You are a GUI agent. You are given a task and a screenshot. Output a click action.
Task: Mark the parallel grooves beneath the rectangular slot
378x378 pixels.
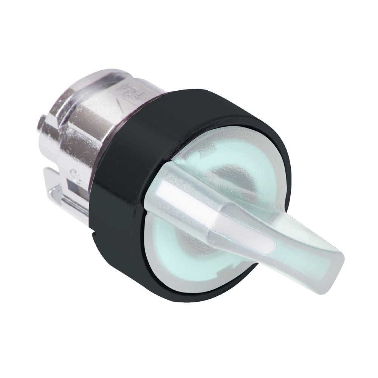pyautogui.click(x=76, y=204)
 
